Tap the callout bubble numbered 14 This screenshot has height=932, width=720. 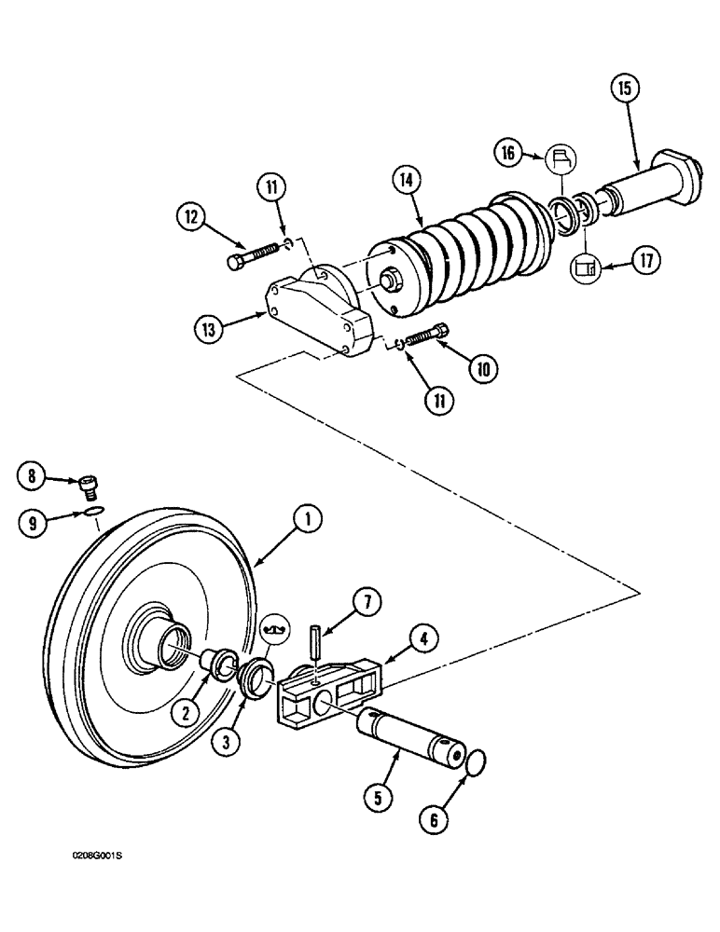pos(407,180)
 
